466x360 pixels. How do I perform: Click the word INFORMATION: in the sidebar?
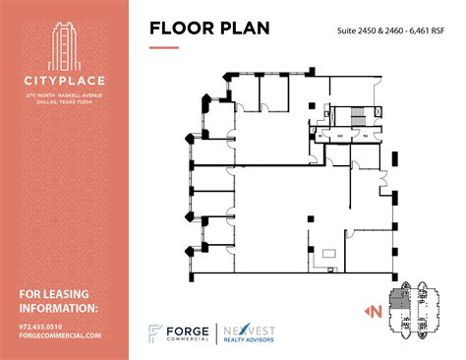pyautogui.click(x=59, y=309)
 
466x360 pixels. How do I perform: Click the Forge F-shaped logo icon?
pyautogui.click(x=154, y=334)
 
